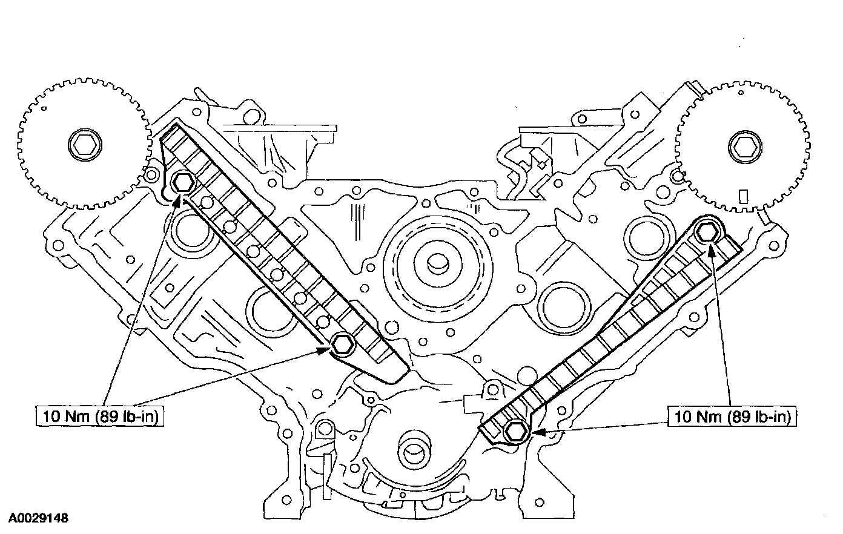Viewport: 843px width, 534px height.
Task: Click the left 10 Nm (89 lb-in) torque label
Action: tap(99, 417)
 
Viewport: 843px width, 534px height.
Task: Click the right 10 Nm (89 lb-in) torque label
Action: tap(732, 417)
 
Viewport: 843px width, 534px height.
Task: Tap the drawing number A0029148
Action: tap(37, 519)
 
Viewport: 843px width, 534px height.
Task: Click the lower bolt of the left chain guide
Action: tap(341, 344)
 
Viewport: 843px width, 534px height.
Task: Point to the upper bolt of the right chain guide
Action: tap(707, 231)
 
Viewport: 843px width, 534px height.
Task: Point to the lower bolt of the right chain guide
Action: tap(515, 431)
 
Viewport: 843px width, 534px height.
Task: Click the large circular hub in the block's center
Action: tap(434, 263)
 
